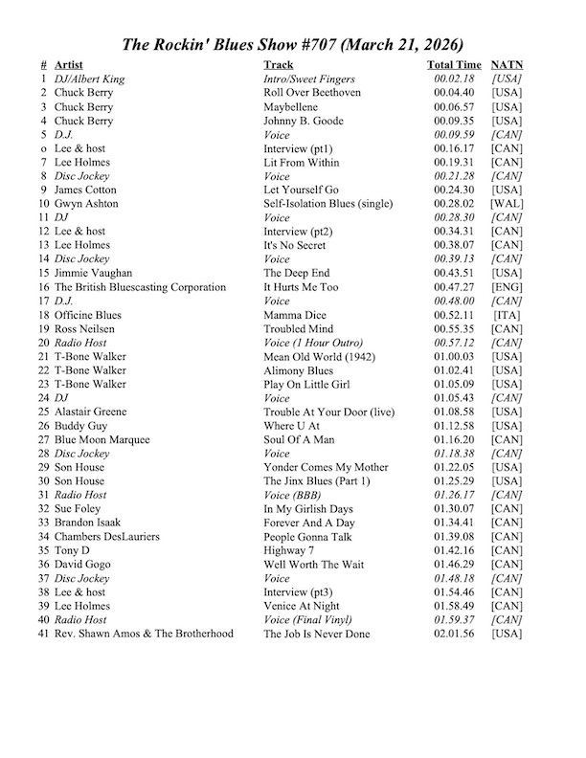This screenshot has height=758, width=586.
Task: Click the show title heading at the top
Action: click(x=293, y=45)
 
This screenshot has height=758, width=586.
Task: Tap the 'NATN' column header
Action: click(x=506, y=65)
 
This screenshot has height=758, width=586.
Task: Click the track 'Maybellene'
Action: click(x=291, y=107)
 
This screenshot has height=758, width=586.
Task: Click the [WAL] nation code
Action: click(x=506, y=204)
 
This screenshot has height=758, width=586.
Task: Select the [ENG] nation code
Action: click(x=506, y=287)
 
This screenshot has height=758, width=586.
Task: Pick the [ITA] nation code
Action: click(x=506, y=315)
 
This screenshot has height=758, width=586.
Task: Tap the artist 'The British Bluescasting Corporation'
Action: click(x=140, y=287)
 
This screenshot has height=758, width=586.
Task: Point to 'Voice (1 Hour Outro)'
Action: click(x=314, y=343)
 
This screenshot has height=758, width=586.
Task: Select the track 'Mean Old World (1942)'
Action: click(x=320, y=356)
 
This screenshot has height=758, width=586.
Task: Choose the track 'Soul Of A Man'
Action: click(x=299, y=439)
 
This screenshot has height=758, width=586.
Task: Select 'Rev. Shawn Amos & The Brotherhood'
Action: click(x=144, y=634)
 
